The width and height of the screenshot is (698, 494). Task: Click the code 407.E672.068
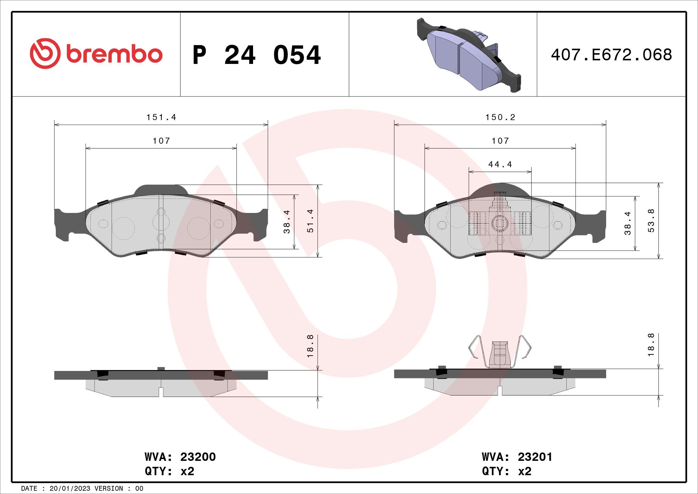click(x=611, y=55)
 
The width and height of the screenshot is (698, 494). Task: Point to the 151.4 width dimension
click(x=161, y=117)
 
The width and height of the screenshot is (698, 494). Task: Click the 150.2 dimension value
click(x=500, y=117)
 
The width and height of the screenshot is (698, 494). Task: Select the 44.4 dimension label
click(x=500, y=165)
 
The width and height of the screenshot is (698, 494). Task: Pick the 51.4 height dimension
click(x=310, y=221)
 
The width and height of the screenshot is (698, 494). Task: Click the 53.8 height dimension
click(x=651, y=221)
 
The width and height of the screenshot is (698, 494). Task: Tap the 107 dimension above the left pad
click(x=161, y=141)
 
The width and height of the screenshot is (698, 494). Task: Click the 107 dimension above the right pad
click(x=500, y=141)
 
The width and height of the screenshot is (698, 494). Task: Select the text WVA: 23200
click(x=180, y=457)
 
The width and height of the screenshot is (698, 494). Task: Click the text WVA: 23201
click(x=517, y=457)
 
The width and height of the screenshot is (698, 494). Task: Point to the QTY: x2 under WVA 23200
click(x=169, y=472)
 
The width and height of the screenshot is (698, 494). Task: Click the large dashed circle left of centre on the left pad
click(x=123, y=228)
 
